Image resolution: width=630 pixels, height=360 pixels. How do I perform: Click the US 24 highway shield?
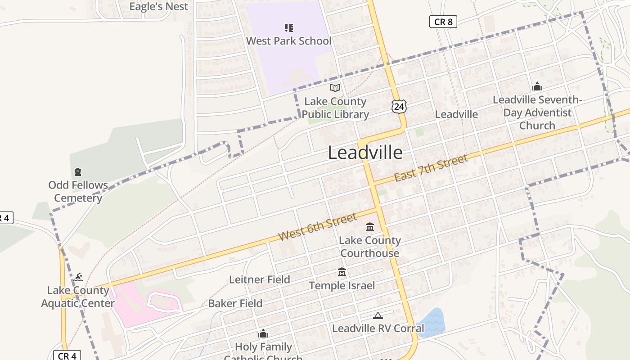399,106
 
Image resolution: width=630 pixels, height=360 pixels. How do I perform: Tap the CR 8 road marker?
443,22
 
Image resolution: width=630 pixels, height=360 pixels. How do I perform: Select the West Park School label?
288,41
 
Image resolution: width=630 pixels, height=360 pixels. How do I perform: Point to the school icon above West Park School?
289,28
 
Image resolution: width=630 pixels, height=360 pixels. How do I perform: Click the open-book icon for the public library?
335,88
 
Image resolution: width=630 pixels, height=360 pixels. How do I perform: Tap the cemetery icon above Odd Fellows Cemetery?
78,171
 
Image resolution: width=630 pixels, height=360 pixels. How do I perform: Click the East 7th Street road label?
431,168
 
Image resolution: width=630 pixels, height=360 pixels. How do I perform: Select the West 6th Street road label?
317,226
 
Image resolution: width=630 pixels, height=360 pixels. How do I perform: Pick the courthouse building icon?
370,226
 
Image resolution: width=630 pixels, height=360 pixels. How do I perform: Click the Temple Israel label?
342,285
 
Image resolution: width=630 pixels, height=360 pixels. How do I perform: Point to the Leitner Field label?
260,279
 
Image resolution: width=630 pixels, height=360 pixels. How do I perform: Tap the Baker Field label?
235,303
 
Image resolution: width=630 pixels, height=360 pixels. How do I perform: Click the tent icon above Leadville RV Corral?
378,315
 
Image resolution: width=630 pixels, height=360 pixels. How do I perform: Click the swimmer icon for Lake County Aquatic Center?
78,276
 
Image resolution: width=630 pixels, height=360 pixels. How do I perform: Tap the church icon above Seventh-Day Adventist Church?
537,86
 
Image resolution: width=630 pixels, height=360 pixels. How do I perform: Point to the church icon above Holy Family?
263,334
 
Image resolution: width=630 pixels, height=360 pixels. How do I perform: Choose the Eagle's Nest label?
159,6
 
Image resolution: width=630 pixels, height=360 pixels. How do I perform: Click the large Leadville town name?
365,153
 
